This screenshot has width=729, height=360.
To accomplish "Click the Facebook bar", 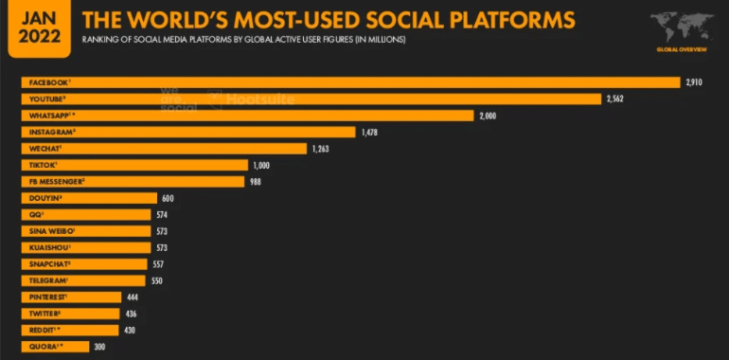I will point(350,82).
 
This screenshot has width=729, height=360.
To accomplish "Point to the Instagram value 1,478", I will point(371,132).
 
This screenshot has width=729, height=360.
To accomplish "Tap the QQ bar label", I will point(32,214).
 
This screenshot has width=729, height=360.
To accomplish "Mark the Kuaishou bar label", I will point(44,247).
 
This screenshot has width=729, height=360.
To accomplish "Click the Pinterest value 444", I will point(145,297).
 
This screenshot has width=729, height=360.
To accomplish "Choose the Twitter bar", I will point(71,313).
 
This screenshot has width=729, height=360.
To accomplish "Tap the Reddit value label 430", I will point(132,330).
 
